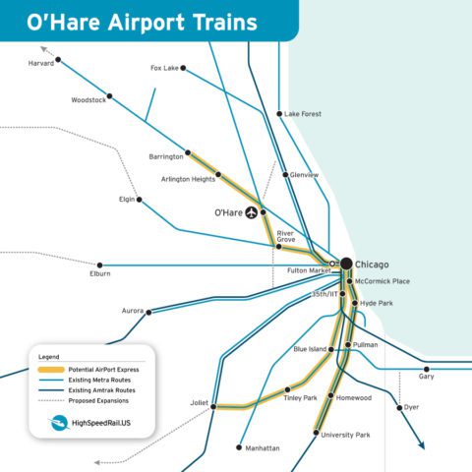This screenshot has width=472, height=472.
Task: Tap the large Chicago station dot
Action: click(x=346, y=264)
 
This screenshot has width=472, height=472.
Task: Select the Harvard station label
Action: click(x=39, y=63)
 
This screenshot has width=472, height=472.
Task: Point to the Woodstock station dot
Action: click(x=109, y=96)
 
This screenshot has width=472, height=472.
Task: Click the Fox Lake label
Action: click(x=164, y=68)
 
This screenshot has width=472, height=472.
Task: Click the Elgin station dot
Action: click(x=140, y=200)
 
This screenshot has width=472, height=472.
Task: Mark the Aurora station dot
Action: click(x=149, y=312)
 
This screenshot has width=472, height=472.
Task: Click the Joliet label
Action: click(x=199, y=403)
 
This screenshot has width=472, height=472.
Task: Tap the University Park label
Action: click(x=344, y=434)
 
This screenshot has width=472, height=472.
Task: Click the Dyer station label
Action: click(x=411, y=407)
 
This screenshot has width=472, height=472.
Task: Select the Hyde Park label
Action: click(x=376, y=304)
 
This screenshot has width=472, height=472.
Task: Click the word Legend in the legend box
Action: click(x=49, y=355)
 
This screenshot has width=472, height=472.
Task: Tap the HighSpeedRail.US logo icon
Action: click(x=60, y=423)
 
